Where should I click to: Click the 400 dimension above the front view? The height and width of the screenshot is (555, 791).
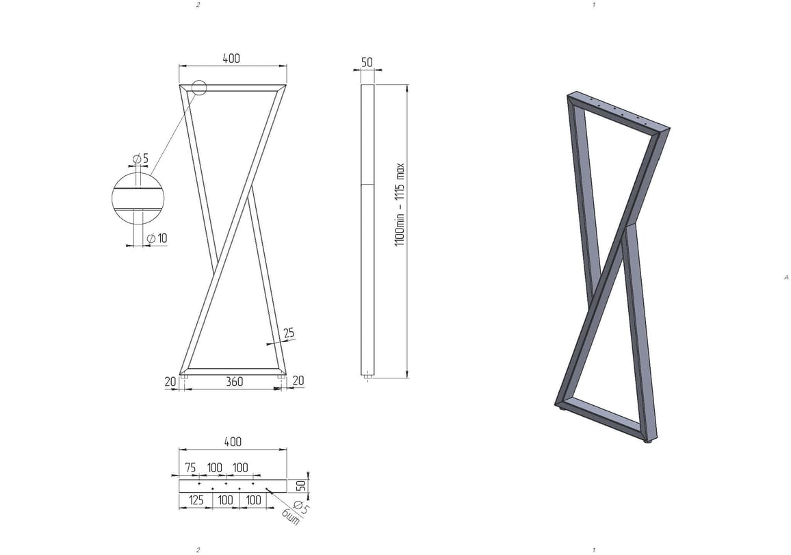pos(231,58)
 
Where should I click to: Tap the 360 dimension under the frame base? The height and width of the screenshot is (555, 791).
pos(234,381)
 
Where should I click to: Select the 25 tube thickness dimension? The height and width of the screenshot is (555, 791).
pos(289,333)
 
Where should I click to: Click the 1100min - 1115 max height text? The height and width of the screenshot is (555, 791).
pos(400,204)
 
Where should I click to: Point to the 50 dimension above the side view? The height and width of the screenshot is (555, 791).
pos(367,62)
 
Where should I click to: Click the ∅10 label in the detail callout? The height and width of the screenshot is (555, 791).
pos(157,238)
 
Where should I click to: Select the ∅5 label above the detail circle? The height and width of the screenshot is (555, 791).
pos(141,159)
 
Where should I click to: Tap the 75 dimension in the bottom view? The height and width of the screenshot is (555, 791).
pos(190,467)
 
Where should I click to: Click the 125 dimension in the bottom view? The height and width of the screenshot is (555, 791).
pos(196,500)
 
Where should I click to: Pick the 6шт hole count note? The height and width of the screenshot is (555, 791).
pos(291,517)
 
